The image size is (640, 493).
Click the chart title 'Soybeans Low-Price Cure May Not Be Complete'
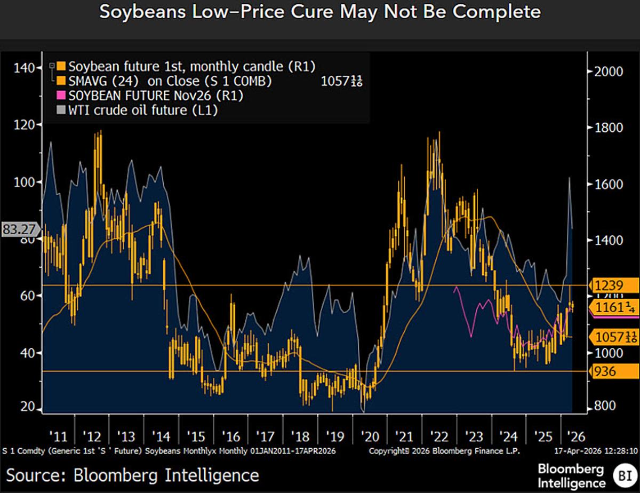pos(320,12)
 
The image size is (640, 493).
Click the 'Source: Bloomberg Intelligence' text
pos(133,475)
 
